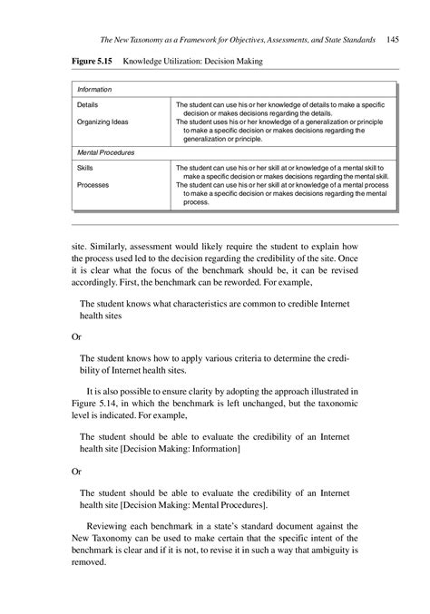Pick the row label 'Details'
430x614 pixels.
pos(88,105)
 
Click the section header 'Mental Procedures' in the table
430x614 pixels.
pos(105,152)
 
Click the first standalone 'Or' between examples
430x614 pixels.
pos(76,336)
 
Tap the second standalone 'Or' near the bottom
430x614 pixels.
pos(76,472)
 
